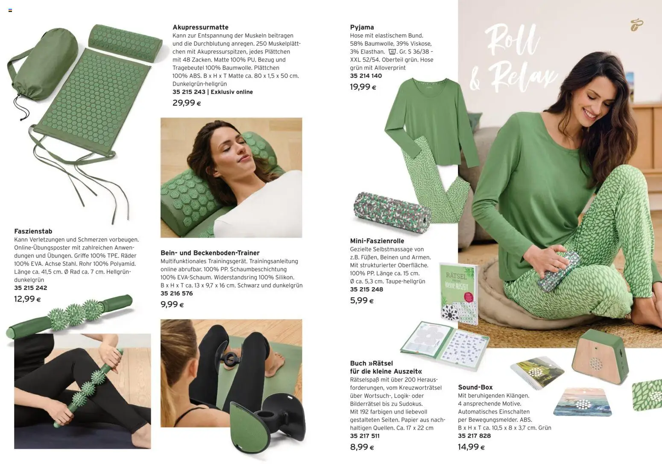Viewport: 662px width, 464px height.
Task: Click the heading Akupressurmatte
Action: coord(200,27)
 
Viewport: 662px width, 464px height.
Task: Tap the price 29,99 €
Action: coord(187,103)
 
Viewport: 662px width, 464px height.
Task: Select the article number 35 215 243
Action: coord(189,92)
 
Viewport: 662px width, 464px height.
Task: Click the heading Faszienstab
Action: coord(33,231)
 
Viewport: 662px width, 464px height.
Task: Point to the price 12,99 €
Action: coord(27,299)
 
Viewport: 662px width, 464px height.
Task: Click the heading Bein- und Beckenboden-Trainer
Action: coord(210,253)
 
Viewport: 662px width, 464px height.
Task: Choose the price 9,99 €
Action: coord(172,304)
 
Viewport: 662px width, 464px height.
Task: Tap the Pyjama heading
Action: coord(362,27)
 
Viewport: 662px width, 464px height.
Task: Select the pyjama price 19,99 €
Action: coord(363,87)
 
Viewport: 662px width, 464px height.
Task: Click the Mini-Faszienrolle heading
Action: coord(377,241)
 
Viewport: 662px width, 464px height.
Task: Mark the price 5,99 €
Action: coord(362,300)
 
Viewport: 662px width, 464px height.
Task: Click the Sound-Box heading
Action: coord(475,388)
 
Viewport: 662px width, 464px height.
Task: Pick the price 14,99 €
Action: coord(471,447)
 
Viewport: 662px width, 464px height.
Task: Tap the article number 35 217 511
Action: coord(365,436)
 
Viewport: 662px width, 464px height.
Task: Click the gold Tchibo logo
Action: coord(636,25)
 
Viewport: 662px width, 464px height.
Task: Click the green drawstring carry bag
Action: coord(43,65)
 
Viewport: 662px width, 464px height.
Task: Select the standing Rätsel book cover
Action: coord(458,294)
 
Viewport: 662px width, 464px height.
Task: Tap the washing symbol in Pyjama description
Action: coord(392,52)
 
